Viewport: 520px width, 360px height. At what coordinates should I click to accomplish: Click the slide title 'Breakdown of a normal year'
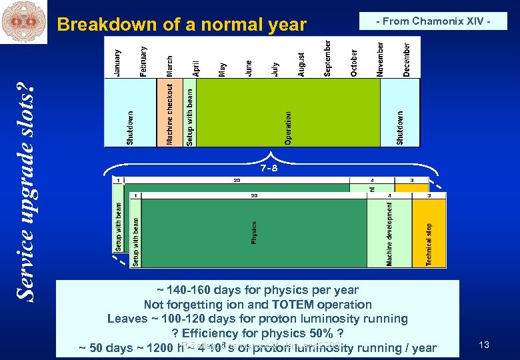181,25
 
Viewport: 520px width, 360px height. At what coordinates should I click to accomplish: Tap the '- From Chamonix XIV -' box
433,21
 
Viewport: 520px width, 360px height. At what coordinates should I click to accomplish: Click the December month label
407,59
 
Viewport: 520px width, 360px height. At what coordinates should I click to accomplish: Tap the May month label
223,69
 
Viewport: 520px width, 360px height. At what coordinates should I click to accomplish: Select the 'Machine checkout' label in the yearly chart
170,113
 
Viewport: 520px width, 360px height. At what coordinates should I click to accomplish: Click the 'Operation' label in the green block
288,127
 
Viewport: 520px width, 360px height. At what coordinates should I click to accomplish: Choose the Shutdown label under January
130,127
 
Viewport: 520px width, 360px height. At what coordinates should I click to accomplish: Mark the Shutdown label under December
400,127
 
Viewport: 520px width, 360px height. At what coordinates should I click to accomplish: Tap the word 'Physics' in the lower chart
254,233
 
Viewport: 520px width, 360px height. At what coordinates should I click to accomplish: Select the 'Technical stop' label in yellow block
429,244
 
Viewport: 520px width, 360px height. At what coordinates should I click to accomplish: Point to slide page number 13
484,345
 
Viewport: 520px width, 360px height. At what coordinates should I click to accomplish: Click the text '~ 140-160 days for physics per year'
258,290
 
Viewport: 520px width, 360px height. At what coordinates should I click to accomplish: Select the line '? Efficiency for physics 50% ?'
257,333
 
